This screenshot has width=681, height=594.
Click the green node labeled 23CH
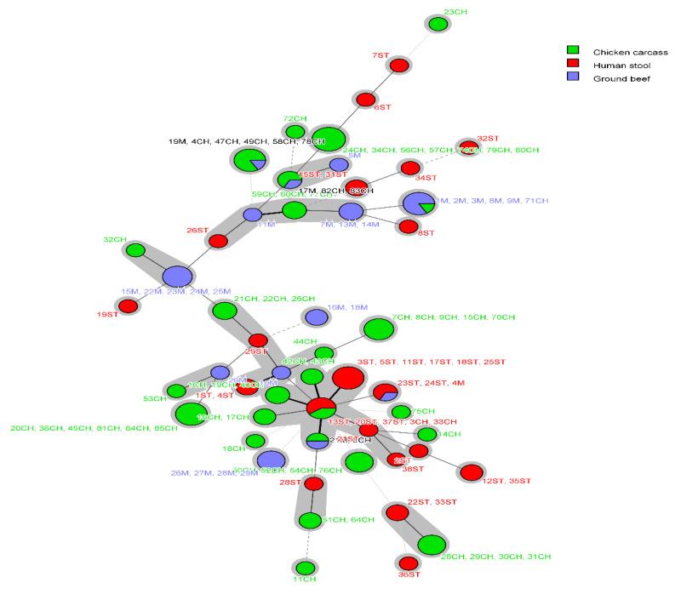(x=438, y=25)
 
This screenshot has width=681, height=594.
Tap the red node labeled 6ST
(x=366, y=99)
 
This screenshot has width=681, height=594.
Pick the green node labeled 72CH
(x=295, y=131)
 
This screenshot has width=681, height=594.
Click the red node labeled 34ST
(x=410, y=168)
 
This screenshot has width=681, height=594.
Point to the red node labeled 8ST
(x=408, y=226)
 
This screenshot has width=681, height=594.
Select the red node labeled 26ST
(x=218, y=241)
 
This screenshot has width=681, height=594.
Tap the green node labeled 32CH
(x=135, y=250)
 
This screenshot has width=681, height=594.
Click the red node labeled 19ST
(x=128, y=306)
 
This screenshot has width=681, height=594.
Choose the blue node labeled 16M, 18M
(x=316, y=317)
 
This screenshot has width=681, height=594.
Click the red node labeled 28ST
(x=314, y=483)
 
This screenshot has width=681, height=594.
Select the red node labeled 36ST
(x=409, y=563)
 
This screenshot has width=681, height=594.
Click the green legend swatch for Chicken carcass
(x=574, y=51)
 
